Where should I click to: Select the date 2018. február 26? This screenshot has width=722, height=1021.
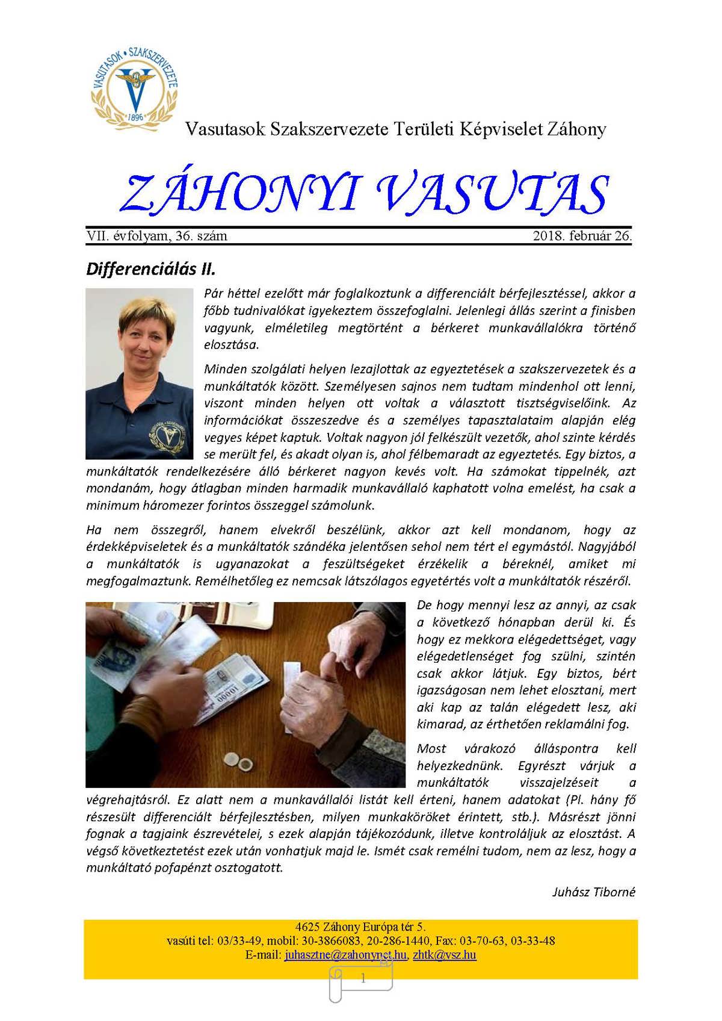(x=582, y=236)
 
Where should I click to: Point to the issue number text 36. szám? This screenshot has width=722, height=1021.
(x=201, y=236)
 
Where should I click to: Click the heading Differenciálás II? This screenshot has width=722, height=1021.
(x=150, y=268)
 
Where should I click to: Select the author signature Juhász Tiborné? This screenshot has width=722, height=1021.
(x=593, y=892)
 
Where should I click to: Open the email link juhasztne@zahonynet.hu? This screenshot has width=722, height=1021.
(x=345, y=955)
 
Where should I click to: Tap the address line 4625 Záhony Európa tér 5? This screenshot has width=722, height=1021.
(x=360, y=927)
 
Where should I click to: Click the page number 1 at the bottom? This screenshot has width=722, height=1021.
(x=363, y=979)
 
